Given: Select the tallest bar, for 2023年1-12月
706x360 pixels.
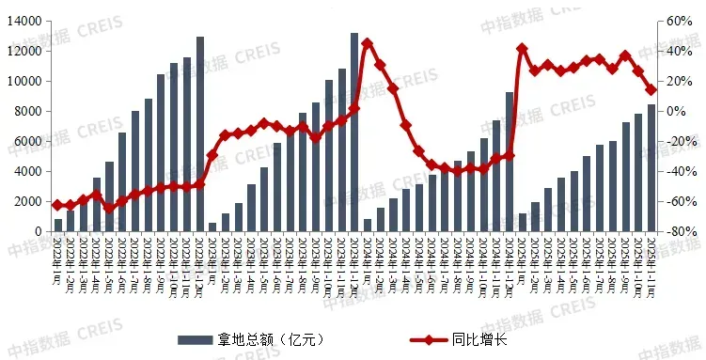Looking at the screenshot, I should tap(354, 133).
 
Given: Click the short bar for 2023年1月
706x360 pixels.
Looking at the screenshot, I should tap(212, 227).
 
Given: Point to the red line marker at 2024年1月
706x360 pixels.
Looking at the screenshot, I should tap(367, 43).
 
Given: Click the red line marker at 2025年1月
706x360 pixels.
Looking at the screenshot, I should tap(522, 49).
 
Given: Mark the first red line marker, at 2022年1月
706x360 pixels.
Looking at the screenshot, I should tap(57, 205).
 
